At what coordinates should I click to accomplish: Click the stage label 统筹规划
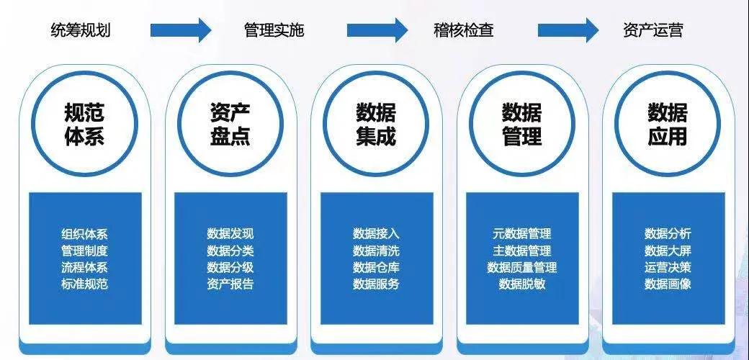(81, 30)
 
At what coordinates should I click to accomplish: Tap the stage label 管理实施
(274, 30)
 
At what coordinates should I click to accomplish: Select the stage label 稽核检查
(464, 30)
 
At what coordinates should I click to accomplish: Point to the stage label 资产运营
(653, 30)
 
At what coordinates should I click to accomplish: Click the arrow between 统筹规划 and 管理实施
(181, 30)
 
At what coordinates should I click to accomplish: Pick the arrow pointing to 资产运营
(568, 30)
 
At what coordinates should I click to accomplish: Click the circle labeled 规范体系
(84, 125)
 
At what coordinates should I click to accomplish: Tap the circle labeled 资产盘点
(230, 125)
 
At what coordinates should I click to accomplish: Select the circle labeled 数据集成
(376, 125)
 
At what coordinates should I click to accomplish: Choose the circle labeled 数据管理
(521, 125)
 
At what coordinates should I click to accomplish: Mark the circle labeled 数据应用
(668, 125)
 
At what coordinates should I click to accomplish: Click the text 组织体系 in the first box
(85, 234)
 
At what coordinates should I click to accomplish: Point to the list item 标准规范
(85, 284)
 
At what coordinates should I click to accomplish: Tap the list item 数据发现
(230, 234)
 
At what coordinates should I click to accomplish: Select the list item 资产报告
(230, 284)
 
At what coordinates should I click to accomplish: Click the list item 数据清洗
(376, 251)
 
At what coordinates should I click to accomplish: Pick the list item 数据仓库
(376, 267)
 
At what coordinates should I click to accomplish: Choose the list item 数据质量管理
(522, 267)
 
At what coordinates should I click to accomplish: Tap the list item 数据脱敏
(522, 284)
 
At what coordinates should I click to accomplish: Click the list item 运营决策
(668, 267)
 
